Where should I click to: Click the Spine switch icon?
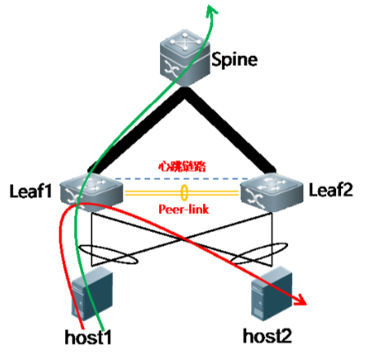pos(185,58)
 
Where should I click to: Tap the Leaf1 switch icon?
pos(91,192)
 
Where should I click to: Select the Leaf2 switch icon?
pos(272,191)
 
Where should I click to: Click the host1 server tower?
pos(92,293)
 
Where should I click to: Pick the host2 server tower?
pos(272,293)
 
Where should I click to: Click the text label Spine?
pos(235,59)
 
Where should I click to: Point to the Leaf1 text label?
pos(30,191)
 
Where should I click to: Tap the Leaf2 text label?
pos(331,190)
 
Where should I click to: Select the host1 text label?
pos(88,337)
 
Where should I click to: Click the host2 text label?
pos(267,336)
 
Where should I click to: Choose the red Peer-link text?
pos(183,209)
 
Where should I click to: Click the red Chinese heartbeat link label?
pos(183,166)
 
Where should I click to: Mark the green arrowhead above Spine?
pos(210,9)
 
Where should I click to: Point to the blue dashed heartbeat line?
pos(182,179)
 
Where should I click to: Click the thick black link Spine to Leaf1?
pos(137,132)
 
